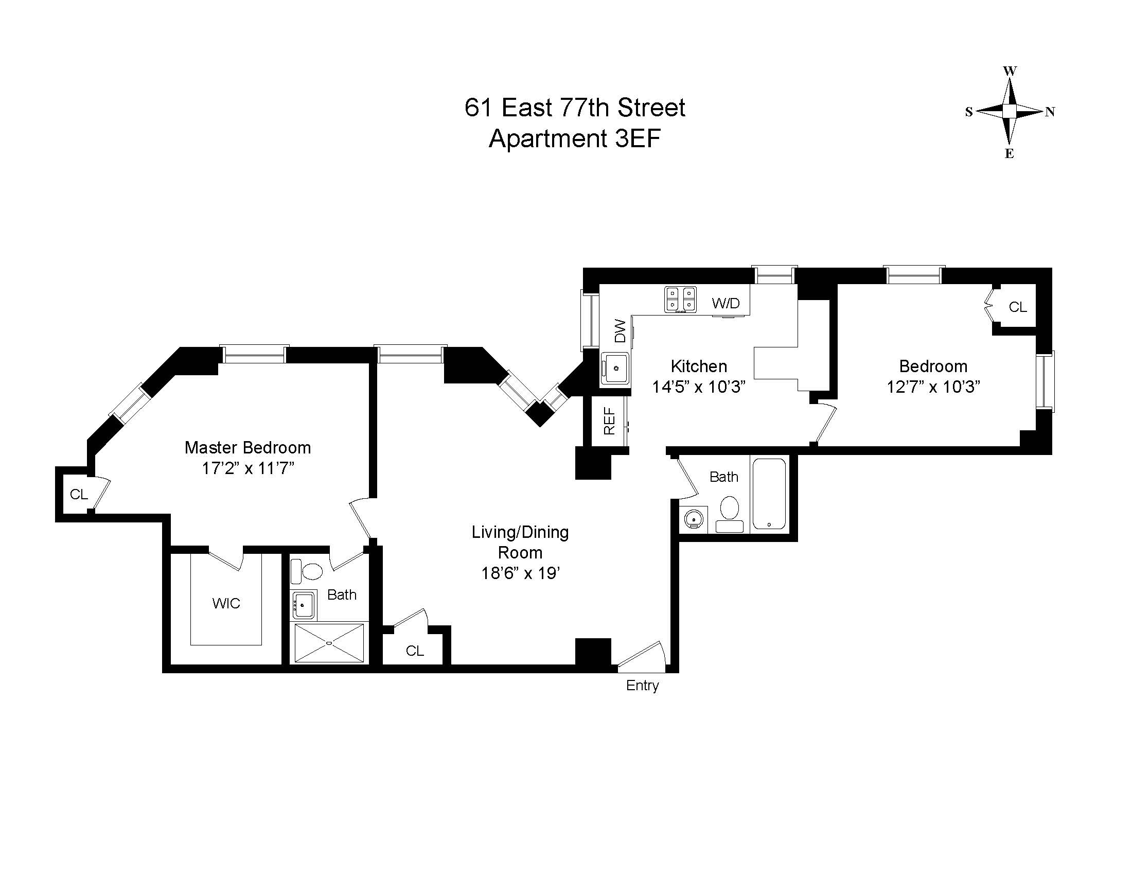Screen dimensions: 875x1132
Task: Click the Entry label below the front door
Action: [x=642, y=685]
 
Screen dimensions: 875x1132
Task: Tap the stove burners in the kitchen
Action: [x=680, y=300]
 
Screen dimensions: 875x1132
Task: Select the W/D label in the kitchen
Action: [x=726, y=303]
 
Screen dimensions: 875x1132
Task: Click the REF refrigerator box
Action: [x=609, y=421]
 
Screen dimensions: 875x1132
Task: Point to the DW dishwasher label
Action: [x=620, y=331]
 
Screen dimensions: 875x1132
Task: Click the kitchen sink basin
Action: [x=616, y=369]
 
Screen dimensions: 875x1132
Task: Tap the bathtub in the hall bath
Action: [x=769, y=494]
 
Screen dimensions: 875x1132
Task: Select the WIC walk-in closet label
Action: [x=226, y=603]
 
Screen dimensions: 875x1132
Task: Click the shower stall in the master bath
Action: [x=329, y=643]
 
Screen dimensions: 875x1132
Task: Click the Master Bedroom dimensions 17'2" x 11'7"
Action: [x=248, y=468]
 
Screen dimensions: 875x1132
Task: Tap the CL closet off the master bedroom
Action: [x=79, y=495]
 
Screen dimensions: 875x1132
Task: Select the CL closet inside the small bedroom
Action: [x=1017, y=307]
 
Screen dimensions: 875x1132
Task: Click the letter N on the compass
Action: [x=1050, y=112]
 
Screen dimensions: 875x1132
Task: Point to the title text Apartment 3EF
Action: [x=574, y=138]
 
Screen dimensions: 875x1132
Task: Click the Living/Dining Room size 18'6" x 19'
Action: [x=520, y=573]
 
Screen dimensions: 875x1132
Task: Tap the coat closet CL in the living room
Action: [x=415, y=651]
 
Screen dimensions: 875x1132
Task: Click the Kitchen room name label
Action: [x=699, y=366]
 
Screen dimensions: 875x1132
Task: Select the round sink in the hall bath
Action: [x=694, y=518]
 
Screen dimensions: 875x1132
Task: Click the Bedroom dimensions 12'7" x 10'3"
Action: [x=933, y=387]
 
